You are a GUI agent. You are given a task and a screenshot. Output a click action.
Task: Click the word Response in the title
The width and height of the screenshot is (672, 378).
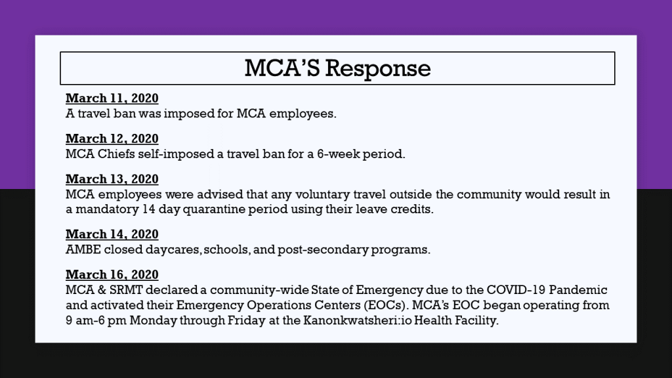378,68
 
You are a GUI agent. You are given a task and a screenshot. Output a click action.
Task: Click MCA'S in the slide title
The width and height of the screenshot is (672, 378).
282,68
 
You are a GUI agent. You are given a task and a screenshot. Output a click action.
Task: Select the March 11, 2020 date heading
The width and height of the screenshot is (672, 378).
112,98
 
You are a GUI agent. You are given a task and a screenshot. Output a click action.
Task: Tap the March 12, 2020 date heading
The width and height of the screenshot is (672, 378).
112,138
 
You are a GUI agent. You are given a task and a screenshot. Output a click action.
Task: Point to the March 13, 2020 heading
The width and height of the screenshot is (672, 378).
112,178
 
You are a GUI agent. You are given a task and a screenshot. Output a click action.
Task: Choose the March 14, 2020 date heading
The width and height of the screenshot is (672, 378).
112,234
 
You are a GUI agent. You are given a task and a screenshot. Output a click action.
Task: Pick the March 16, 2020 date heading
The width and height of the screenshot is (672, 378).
112,274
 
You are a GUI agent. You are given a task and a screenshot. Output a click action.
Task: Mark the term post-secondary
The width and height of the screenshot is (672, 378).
323,250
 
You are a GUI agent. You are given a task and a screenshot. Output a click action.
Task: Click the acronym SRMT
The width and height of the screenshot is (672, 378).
125,290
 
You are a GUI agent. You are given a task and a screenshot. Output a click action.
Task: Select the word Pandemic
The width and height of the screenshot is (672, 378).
578,290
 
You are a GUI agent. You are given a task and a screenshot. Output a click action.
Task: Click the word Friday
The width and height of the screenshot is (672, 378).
247,320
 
